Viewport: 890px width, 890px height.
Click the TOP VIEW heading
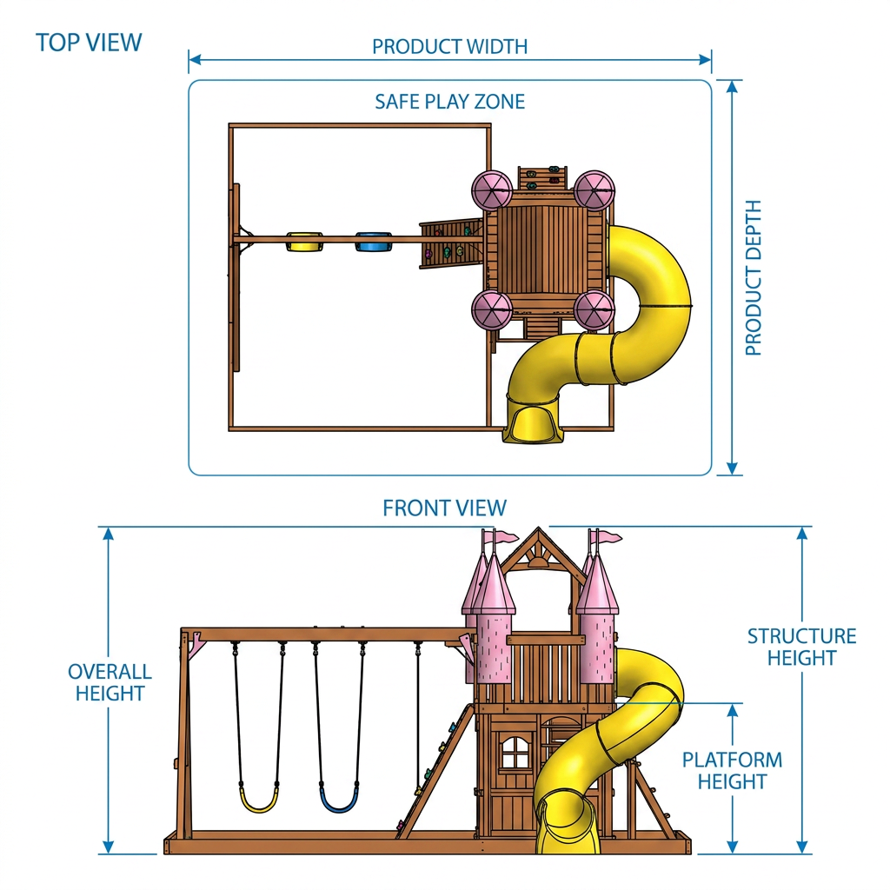click(89, 43)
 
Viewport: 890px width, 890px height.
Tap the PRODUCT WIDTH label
click(449, 47)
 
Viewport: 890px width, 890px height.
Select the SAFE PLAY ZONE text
click(449, 102)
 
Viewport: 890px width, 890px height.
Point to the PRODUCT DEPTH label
click(754, 277)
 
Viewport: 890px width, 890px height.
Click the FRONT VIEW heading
click(444, 508)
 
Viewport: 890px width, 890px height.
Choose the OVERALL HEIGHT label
click(110, 682)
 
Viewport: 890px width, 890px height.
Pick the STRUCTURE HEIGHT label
click(801, 647)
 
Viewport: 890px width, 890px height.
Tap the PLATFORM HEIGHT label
click(732, 770)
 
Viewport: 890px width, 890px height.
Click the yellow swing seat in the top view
click(305, 242)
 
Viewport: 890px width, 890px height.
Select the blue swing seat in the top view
click(374, 242)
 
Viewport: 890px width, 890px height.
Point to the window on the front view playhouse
click(515, 753)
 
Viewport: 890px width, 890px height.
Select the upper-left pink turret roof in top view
click(492, 191)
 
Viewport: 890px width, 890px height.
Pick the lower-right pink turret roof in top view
click(594, 310)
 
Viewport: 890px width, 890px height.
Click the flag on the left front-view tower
click(507, 536)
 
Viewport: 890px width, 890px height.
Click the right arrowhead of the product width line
click(705, 60)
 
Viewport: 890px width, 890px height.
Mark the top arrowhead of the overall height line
click(109, 534)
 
